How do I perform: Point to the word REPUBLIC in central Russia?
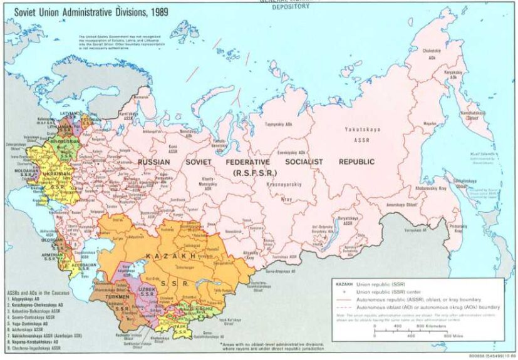coord(356,162)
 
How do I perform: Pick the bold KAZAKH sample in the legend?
coord(345,285)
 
